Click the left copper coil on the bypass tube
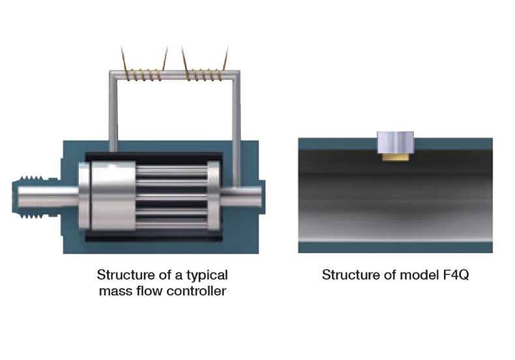coord(145,76)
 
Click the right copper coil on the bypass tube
coord(205,76)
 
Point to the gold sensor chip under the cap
coord(396,157)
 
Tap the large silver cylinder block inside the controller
coord(104,196)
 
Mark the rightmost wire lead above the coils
coord(226,55)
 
